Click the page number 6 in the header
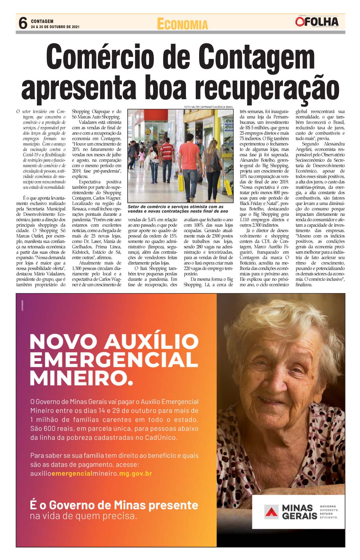(x=23, y=23)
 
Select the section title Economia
(x=182, y=24)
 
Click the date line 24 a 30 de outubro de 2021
(x=55, y=27)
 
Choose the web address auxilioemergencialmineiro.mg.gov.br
(x=91, y=473)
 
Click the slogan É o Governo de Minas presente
(x=114, y=505)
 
